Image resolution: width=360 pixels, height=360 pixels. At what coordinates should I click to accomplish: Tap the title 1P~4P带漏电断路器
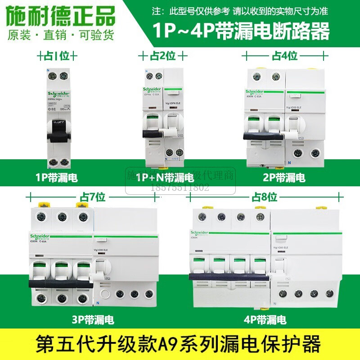[242, 31]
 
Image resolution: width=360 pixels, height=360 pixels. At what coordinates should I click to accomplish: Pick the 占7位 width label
[93, 197]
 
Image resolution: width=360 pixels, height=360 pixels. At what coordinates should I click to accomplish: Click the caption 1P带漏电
[57, 178]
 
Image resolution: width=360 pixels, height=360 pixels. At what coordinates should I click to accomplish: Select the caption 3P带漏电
[93, 320]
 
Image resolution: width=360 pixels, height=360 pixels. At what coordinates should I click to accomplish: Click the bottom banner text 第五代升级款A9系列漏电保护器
[180, 345]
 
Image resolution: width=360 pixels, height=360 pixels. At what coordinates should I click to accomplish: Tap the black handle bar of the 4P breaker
[229, 279]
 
